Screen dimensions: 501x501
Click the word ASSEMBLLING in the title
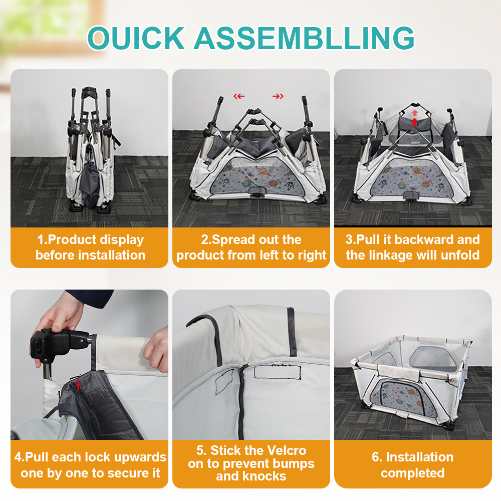[305, 38]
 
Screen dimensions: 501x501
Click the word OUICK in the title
[136, 38]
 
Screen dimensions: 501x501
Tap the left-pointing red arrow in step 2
[239, 96]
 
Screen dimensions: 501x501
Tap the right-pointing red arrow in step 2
[278, 96]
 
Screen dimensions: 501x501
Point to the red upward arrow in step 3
[414, 118]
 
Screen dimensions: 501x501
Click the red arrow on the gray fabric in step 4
[78, 385]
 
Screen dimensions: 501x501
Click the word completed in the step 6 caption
[412, 473]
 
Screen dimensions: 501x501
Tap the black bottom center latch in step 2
[257, 192]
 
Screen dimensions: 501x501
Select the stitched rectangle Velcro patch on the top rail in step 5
[278, 372]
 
